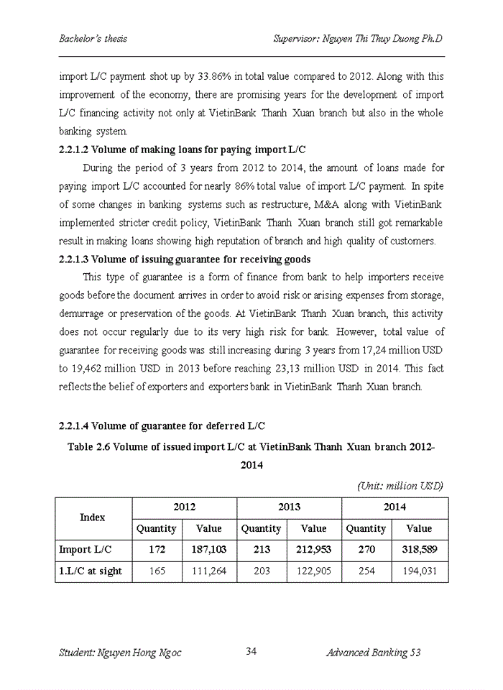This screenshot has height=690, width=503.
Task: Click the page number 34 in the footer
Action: [251, 652]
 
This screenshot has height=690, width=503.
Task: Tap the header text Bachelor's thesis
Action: [93, 38]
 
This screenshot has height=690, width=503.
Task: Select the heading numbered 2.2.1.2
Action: [182, 149]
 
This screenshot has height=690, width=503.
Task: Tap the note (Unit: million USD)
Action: [400, 486]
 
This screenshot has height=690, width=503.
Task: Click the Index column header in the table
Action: [93, 517]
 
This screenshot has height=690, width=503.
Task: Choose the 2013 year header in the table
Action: [289, 507]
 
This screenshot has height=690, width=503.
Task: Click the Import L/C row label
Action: [85, 550]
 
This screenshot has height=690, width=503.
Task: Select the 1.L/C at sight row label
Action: [91, 571]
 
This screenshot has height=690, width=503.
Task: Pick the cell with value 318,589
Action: [419, 550]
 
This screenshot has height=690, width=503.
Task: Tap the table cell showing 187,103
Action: [209, 550]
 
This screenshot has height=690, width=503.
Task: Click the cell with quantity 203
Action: [262, 571]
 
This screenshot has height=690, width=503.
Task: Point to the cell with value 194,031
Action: [419, 571]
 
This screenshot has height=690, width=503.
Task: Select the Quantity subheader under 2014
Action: [366, 528]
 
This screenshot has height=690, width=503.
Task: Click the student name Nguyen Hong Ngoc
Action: [120, 653]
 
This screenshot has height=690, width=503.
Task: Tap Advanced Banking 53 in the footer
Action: [373, 653]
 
